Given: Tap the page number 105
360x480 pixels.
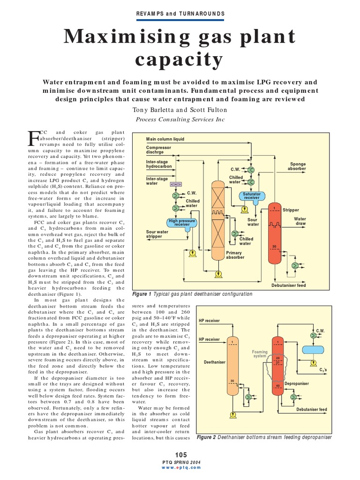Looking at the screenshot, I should [180, 455].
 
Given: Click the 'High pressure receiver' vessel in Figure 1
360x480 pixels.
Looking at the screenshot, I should [182, 223].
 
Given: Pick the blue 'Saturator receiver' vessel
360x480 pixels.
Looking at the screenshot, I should [252, 195].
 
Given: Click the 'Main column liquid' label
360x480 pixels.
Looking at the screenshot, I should [165, 139].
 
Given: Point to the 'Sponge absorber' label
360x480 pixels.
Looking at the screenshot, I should [296, 166].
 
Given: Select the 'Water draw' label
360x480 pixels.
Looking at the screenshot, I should [300, 221].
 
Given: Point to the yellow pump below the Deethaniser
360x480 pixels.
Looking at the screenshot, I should [232, 415].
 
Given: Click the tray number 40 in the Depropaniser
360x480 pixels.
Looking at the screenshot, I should [278, 386].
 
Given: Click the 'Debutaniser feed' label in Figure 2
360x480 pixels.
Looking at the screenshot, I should [311, 409].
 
